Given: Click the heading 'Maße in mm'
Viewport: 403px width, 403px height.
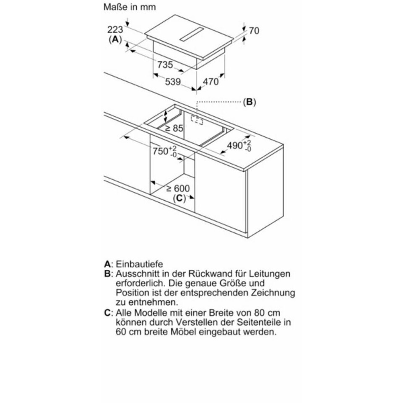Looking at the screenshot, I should click(129, 7).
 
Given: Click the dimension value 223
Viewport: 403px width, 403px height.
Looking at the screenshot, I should click(115, 30).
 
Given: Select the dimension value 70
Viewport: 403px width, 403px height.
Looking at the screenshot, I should click(254, 31).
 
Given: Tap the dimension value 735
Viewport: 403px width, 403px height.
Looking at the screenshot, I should click(165, 65).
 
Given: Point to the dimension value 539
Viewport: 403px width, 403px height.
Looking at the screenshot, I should click(173, 82).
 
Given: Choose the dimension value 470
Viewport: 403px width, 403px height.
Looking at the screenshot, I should click(211, 82).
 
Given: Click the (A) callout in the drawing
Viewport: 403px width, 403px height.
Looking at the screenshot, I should click(115, 39).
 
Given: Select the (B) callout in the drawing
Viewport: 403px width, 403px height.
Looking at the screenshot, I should click(250, 102).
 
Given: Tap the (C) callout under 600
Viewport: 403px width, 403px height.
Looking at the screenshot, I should click(179, 198).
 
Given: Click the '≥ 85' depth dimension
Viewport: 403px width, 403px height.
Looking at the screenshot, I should click(174, 128).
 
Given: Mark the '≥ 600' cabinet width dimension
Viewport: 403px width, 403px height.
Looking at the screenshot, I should click(178, 189).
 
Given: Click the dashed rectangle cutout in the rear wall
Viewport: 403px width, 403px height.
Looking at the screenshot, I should click(197, 120).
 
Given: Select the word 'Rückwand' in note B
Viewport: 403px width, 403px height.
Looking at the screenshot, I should click(206, 274).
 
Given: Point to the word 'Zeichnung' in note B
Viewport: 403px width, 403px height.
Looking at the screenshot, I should click(273, 293).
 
